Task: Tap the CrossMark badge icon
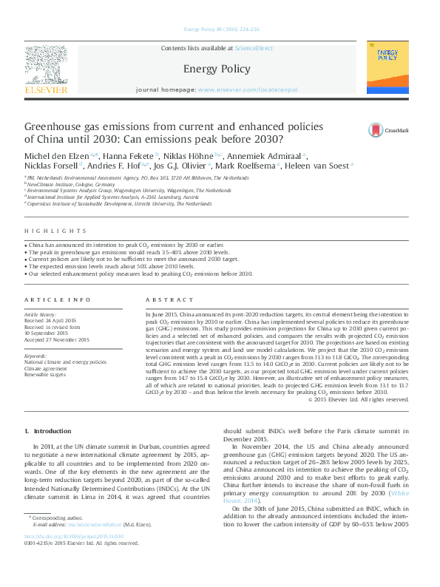(x=376, y=130)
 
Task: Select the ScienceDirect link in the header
(x=254, y=48)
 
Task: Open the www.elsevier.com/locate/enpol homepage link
(x=248, y=89)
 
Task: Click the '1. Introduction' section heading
(x=48, y=431)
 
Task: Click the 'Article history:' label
(x=41, y=313)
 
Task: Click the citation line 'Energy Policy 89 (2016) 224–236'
(x=220, y=30)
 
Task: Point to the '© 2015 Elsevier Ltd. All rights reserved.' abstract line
(x=357, y=399)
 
